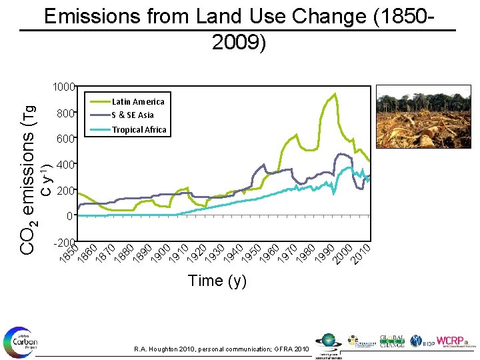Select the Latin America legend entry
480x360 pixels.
click(x=137, y=101)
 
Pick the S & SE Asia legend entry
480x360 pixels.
click(x=132, y=115)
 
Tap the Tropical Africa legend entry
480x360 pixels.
click(x=139, y=129)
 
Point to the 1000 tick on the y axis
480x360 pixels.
click(x=64, y=87)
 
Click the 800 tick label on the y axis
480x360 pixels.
click(x=65, y=114)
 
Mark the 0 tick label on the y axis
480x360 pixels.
click(x=69, y=217)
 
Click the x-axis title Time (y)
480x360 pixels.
click(x=217, y=281)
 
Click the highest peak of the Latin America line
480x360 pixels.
click(x=335, y=94)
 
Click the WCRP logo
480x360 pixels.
click(x=455, y=341)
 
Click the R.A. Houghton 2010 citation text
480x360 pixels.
click(x=221, y=349)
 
